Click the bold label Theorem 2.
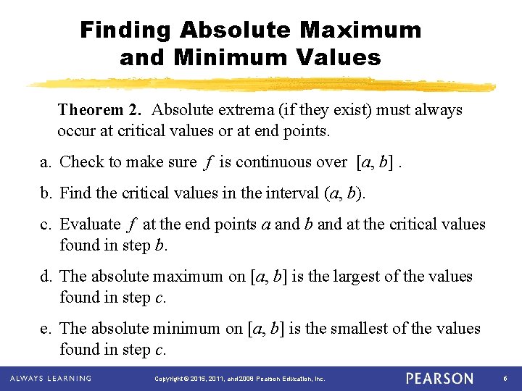pos(101,110)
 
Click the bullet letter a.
pos(44,162)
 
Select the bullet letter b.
pos(45,193)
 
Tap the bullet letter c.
pos(44,224)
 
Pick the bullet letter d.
pos(45,277)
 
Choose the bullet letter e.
pos(44,329)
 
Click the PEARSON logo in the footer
pos(439,379)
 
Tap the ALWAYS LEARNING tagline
pos(50,378)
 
